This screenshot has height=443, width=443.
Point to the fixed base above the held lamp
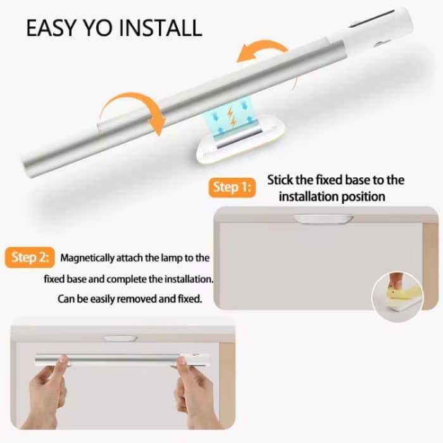pos(121,339)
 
